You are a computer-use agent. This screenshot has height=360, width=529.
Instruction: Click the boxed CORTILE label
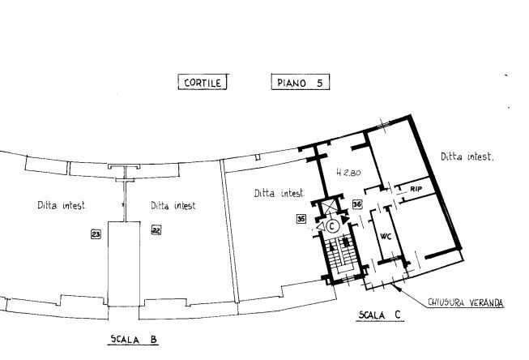pyautogui.click(x=203, y=82)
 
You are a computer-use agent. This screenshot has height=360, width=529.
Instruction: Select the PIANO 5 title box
pyautogui.click(x=301, y=82)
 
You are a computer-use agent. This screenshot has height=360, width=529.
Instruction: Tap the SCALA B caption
pyautogui.click(x=134, y=339)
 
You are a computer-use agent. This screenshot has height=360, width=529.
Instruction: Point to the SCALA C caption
pyautogui.click(x=380, y=315)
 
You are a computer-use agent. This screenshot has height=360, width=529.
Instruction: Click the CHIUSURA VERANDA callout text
pyautogui.click(x=466, y=302)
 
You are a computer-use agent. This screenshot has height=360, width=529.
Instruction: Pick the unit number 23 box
pyautogui.click(x=96, y=234)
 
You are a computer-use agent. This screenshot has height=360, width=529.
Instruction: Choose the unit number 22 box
pyautogui.click(x=156, y=230)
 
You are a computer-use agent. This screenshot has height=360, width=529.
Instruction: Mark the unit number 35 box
pyautogui.click(x=301, y=219)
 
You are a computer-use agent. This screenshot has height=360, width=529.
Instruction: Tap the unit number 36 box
pyautogui.click(x=357, y=204)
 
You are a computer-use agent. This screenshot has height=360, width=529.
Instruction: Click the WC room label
pyautogui.click(x=386, y=237)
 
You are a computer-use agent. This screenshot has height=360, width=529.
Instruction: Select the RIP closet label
pyautogui.click(x=416, y=189)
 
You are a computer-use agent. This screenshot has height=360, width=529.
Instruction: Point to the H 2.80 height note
pyautogui.click(x=348, y=173)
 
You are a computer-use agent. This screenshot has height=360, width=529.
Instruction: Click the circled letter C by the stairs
pyautogui.click(x=331, y=225)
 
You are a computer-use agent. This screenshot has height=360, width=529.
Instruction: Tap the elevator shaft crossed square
pyautogui.click(x=329, y=206)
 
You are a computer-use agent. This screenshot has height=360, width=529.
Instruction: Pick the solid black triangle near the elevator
pyautogui.click(x=345, y=220)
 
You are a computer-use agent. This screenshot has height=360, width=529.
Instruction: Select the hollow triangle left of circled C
pyautogui.click(x=320, y=226)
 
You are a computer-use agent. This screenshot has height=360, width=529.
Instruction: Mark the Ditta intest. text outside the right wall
pyautogui.click(x=467, y=156)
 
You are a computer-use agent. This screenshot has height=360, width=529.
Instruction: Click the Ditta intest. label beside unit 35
pyautogui.click(x=279, y=193)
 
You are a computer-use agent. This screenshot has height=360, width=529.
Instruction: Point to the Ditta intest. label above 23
pyautogui.click(x=62, y=205)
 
